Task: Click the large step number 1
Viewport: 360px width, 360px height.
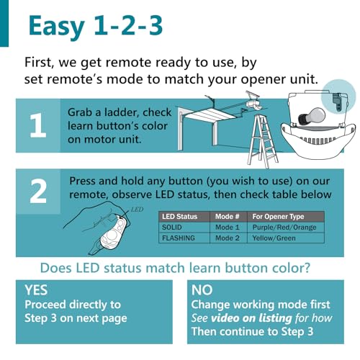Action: click(38, 125)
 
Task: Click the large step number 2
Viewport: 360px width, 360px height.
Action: click(38, 191)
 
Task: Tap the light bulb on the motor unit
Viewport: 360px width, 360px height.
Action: click(312, 117)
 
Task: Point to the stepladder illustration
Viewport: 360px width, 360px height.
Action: click(263, 141)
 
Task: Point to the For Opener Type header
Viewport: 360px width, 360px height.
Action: click(278, 217)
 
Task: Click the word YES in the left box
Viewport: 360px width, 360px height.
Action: click(36, 290)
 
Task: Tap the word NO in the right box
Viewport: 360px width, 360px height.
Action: click(202, 290)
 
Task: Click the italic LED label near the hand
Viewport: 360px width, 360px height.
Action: click(137, 210)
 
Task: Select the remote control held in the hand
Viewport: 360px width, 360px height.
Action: click(114, 232)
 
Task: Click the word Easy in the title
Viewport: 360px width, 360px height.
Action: click(56, 27)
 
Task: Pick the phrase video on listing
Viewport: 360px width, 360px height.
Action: click(251, 318)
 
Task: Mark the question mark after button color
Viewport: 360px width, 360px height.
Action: click(307, 268)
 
